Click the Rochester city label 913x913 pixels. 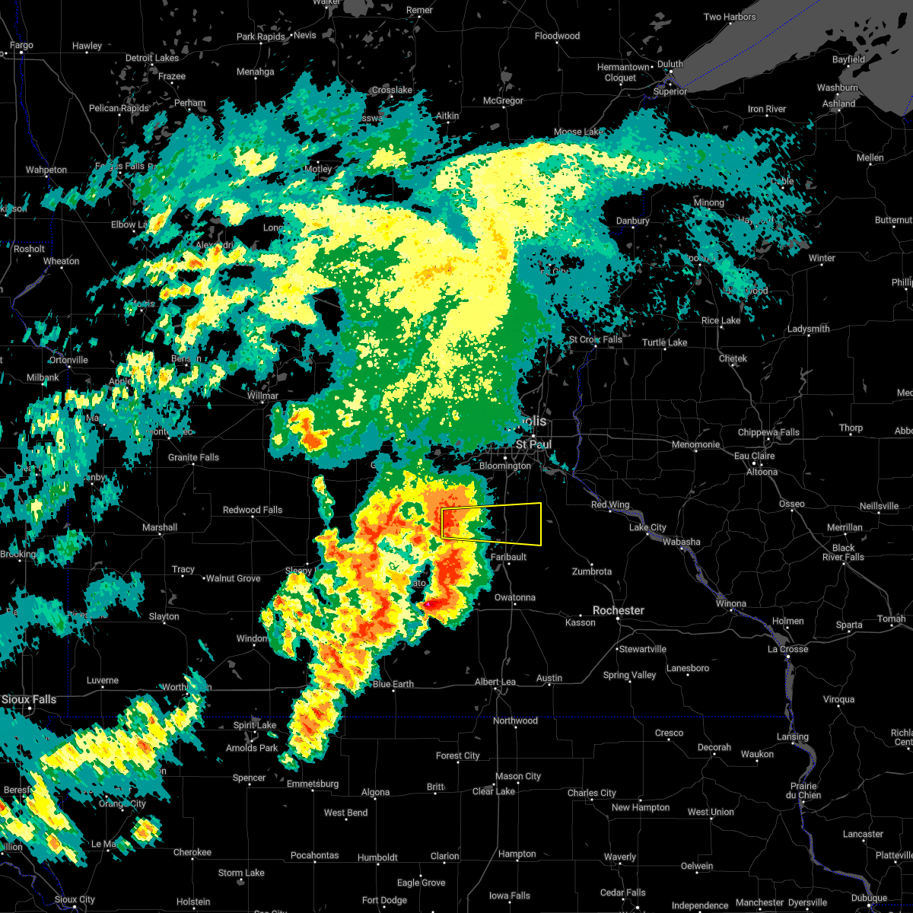pyautogui.click(x=619, y=610)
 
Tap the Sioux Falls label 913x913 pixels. pyautogui.click(x=28, y=699)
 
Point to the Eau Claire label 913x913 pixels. pyautogui.click(x=754, y=456)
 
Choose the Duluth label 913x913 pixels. pyautogui.click(x=670, y=65)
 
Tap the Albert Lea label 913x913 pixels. pyautogui.click(x=495, y=682)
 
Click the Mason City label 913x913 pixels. pyautogui.click(x=517, y=776)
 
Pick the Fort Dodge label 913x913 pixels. pyautogui.click(x=384, y=900)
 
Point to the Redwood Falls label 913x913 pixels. pyautogui.click(x=253, y=510)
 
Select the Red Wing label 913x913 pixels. pyautogui.click(x=610, y=504)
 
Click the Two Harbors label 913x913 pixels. pyautogui.click(x=730, y=17)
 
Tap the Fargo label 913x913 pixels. pyautogui.click(x=21, y=46)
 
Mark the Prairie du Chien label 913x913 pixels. pyautogui.click(x=804, y=791)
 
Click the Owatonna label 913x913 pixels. pyautogui.click(x=515, y=597)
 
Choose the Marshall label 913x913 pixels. pyautogui.click(x=160, y=527)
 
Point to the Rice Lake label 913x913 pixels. pyautogui.click(x=721, y=320)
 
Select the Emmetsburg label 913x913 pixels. pyautogui.click(x=313, y=784)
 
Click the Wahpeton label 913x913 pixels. pyautogui.click(x=46, y=170)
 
